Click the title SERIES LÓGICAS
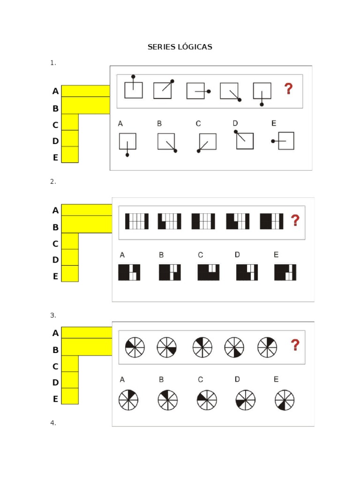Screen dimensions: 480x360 point(180,47)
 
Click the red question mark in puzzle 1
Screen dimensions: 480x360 point(289,89)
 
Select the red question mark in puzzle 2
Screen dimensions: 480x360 point(295,220)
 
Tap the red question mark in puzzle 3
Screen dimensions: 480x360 point(295,345)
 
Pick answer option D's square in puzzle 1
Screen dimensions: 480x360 point(244,141)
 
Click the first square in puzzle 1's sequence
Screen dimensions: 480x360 point(134,90)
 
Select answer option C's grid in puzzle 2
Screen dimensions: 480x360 point(209,272)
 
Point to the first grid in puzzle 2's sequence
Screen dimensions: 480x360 point(137,221)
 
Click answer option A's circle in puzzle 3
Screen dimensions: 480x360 point(128,400)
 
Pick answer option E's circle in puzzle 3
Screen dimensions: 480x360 point(285,400)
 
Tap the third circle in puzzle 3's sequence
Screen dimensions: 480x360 point(202,347)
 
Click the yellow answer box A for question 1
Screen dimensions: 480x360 point(85,91)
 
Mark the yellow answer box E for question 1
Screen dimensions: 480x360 point(70,155)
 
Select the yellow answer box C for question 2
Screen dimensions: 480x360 point(70,241)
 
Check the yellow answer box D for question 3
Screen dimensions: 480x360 point(70,380)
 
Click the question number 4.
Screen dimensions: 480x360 point(53,423)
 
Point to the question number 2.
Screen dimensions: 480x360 point(53,182)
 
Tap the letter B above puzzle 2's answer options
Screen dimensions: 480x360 point(161,255)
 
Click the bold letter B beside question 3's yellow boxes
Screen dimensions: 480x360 point(55,350)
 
